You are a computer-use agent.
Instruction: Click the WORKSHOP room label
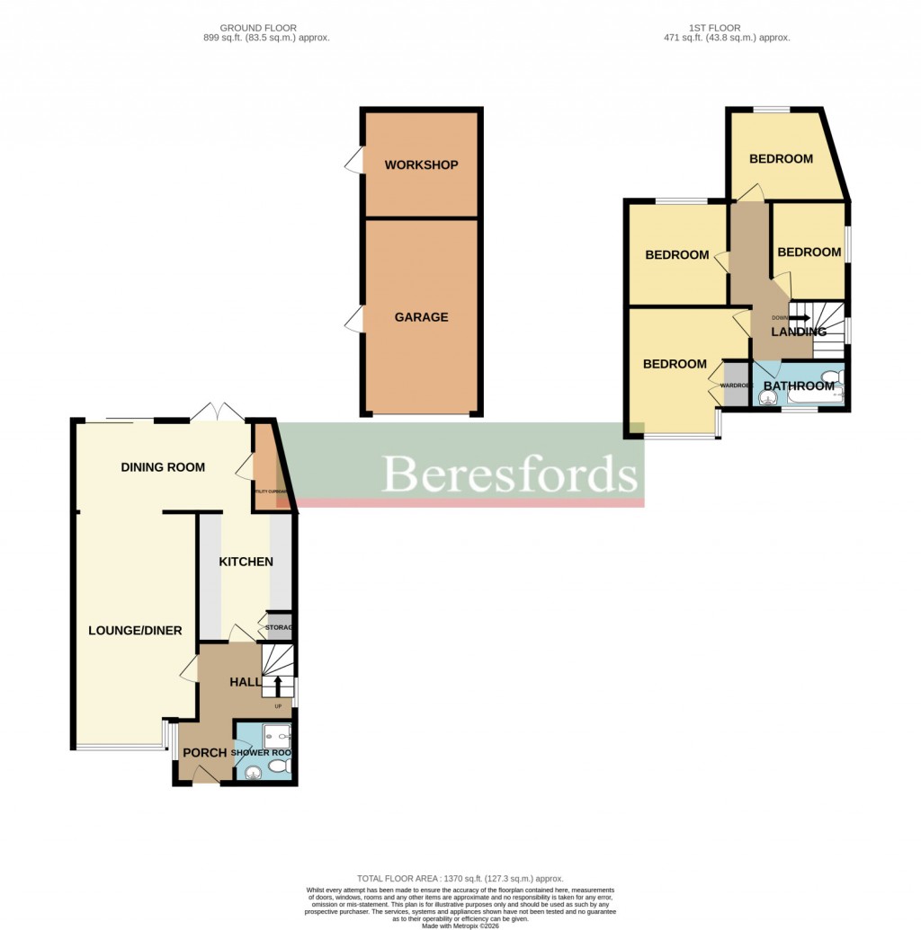pyautogui.click(x=421, y=165)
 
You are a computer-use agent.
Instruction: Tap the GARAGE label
pyautogui.click(x=421, y=317)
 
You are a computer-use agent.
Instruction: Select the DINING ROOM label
pyautogui.click(x=163, y=467)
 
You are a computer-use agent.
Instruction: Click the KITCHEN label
pyautogui.click(x=246, y=562)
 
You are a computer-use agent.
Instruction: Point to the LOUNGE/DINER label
pyautogui.click(x=135, y=631)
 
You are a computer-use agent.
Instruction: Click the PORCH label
pyautogui.click(x=204, y=753)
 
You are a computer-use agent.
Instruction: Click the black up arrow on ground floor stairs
pyautogui.click(x=278, y=686)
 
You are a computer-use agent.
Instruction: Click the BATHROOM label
pyautogui.click(x=799, y=386)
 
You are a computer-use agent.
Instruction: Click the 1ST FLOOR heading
pyautogui.click(x=714, y=28)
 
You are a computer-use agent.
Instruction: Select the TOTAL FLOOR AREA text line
pyautogui.click(x=460, y=878)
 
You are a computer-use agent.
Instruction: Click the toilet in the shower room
pyautogui.click(x=280, y=766)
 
